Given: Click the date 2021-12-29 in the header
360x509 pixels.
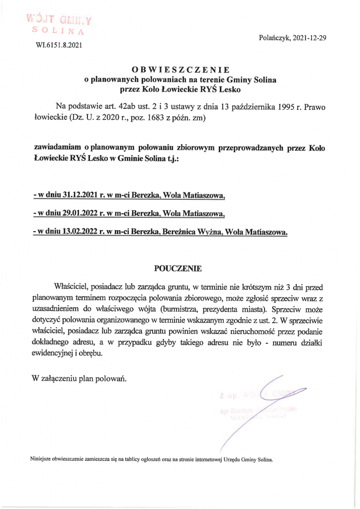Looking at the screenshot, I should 309,38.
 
